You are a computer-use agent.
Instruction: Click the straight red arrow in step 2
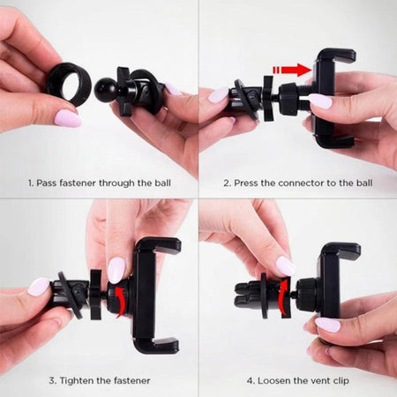coord(292,70)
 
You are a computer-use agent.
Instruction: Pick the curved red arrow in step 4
coord(283,297)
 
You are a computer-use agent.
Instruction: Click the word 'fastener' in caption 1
coord(78,183)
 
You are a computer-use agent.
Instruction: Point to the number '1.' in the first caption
coord(31,183)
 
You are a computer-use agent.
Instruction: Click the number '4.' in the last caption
coord(251,381)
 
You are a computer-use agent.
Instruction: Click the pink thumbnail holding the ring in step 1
coord(67,118)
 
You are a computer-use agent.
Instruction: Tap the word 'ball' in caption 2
coord(364,183)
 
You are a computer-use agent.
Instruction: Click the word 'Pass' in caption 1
coord(47,183)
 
